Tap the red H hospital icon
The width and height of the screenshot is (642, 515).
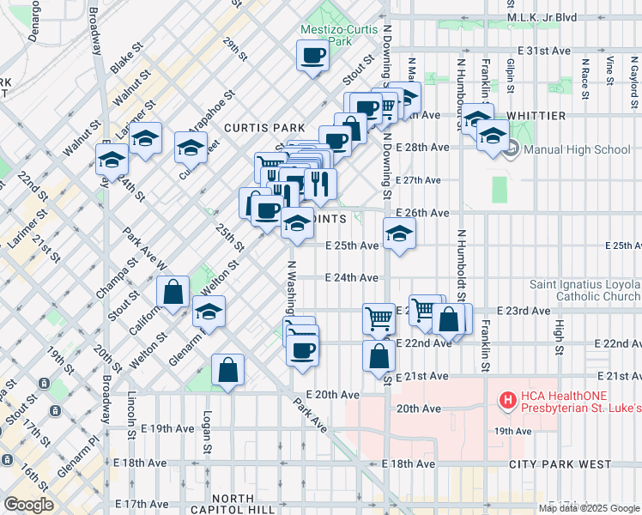508,400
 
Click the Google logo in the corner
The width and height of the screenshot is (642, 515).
28,505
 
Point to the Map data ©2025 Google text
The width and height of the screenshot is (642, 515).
588,508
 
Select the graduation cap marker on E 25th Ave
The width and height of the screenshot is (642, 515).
399,233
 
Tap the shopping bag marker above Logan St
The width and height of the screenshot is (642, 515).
227,371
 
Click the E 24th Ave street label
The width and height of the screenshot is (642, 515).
353,277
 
